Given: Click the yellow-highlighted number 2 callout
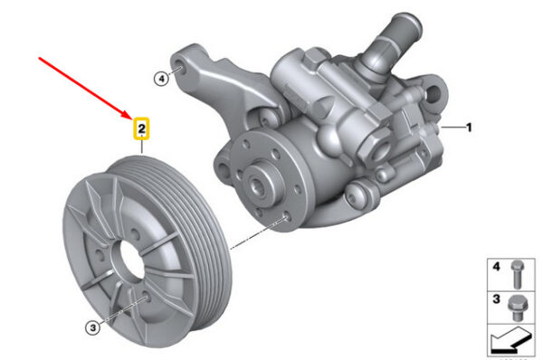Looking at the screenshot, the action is click(x=142, y=128).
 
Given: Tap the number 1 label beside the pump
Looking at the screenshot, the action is click(x=469, y=128).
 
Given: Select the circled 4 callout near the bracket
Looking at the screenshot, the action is click(x=161, y=79).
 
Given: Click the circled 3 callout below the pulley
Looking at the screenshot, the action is click(x=92, y=327).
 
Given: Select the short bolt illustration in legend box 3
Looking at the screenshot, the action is click(x=518, y=308).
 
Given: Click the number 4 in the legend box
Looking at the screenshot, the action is click(x=496, y=267).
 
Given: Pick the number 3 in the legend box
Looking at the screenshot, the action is click(x=496, y=299).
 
